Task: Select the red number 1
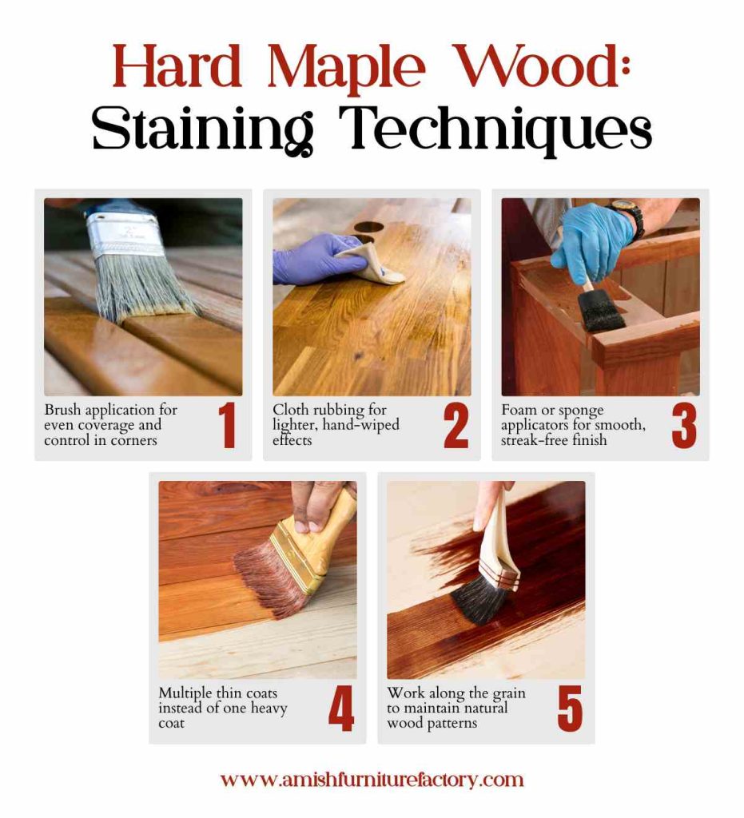(x=228, y=427)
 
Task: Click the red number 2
(x=456, y=427)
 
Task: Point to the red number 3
(x=683, y=427)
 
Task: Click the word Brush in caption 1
(x=62, y=411)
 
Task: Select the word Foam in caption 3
(x=519, y=411)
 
